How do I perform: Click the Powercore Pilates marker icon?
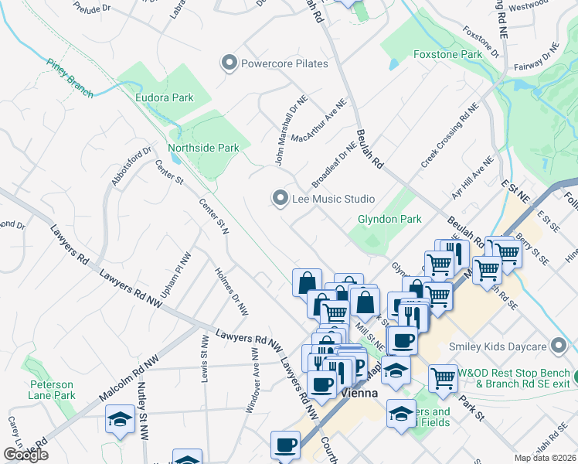click(229, 63)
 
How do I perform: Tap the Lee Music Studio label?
click(333, 200)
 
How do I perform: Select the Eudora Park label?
click(164, 98)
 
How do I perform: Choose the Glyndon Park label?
click(389, 219)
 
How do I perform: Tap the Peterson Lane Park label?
click(53, 390)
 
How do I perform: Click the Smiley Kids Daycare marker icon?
click(559, 346)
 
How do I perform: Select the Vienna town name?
click(359, 393)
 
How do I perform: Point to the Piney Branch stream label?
click(70, 79)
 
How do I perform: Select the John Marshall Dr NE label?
click(281, 131)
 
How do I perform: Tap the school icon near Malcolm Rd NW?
click(120, 421)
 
